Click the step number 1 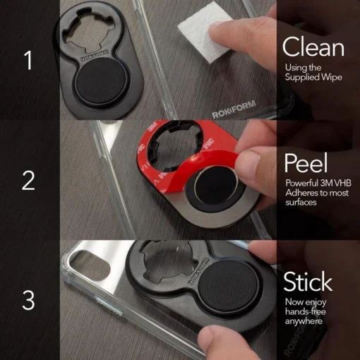[29, 61]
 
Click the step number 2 [29, 181]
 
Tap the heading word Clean [313, 47]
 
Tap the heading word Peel [306, 164]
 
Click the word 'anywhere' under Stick [304, 322]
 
